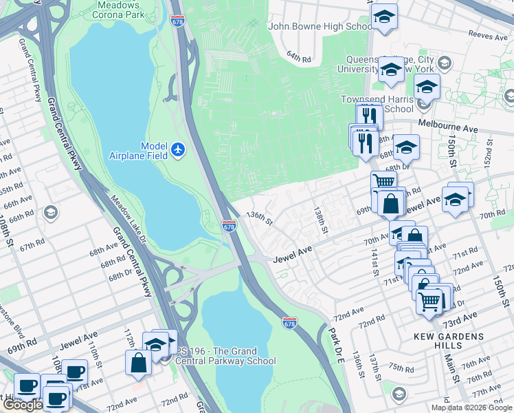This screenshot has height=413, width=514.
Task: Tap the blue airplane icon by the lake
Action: coord(178,149)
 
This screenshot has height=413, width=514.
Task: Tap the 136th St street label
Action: coord(260,218)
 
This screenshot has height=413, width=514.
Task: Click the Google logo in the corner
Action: coord(22,405)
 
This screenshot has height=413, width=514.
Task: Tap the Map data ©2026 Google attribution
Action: coord(471,407)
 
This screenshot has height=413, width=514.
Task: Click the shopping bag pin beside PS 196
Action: coord(138,362)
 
